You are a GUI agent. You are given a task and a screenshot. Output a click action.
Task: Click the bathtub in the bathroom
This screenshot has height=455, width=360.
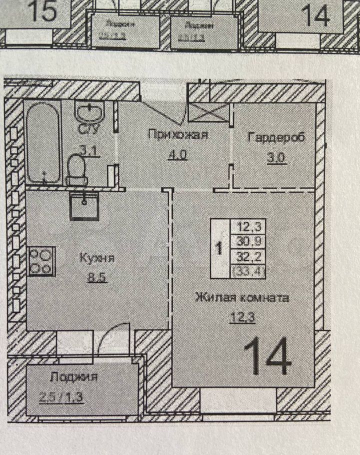tap(44, 142)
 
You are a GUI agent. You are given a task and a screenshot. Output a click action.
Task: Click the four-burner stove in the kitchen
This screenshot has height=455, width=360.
tap(41, 261)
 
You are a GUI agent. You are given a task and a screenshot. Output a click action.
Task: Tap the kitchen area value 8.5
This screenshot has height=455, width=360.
tap(96, 277)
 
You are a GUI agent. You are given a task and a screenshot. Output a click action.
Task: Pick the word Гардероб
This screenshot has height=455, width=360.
tap(276, 137)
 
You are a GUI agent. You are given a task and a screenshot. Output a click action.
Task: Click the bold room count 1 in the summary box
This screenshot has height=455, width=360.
tap(218, 248)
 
